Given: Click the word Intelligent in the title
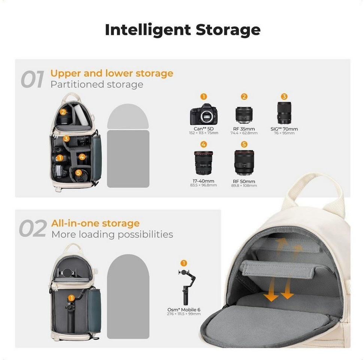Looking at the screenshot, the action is pyautogui.click(x=148, y=30).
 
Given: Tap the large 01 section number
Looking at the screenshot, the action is pyautogui.click(x=32, y=79).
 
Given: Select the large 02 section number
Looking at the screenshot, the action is pyautogui.click(x=33, y=228).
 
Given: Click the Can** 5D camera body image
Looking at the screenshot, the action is pyautogui.click(x=204, y=114).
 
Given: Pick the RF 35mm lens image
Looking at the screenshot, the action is pyautogui.click(x=244, y=115).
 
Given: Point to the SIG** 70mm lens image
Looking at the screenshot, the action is pyautogui.click(x=284, y=113).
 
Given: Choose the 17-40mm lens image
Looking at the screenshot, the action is pyautogui.click(x=203, y=163).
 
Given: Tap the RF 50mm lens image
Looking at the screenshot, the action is pyautogui.click(x=244, y=163).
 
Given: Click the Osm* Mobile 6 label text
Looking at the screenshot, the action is pyautogui.click(x=183, y=310).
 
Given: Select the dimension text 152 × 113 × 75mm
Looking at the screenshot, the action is pyautogui.click(x=204, y=133).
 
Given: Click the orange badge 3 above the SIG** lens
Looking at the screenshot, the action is pyautogui.click(x=284, y=96).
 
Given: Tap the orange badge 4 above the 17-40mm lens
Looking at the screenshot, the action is pyautogui.click(x=204, y=144).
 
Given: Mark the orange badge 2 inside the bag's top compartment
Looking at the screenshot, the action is pyautogui.click(x=63, y=112).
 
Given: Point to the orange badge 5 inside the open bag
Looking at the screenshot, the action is pyautogui.click(x=79, y=172).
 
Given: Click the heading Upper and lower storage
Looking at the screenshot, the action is pyautogui.click(x=112, y=73).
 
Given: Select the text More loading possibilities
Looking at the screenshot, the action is pyautogui.click(x=112, y=234).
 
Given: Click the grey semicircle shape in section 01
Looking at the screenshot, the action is pyautogui.click(x=128, y=117).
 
